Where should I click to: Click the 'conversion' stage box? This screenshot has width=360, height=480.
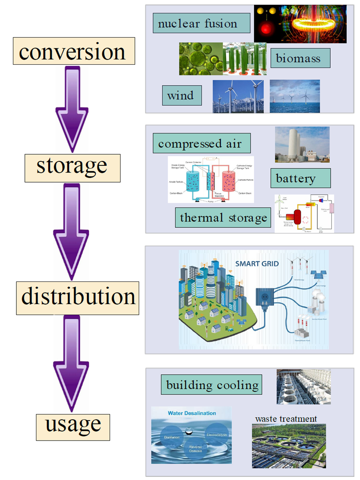(72, 52)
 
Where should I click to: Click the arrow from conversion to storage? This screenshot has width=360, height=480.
(72, 109)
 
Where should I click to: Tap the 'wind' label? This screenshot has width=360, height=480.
(181, 95)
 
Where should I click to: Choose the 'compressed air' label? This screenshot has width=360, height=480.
(200, 144)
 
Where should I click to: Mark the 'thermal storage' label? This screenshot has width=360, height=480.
(223, 217)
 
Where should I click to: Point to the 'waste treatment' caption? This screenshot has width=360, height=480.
(286, 418)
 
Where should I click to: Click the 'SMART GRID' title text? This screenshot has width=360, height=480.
(257, 263)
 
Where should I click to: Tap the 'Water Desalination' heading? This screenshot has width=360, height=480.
(192, 413)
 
